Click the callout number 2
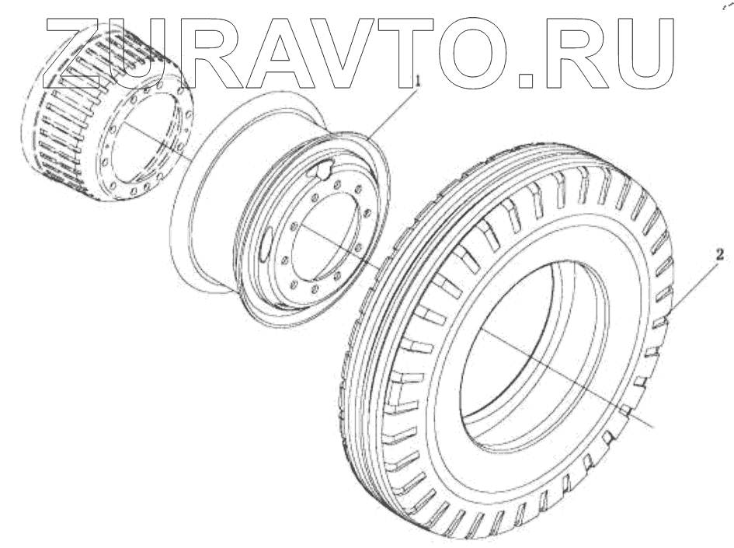click(719, 255)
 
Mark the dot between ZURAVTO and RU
click(526, 80)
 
